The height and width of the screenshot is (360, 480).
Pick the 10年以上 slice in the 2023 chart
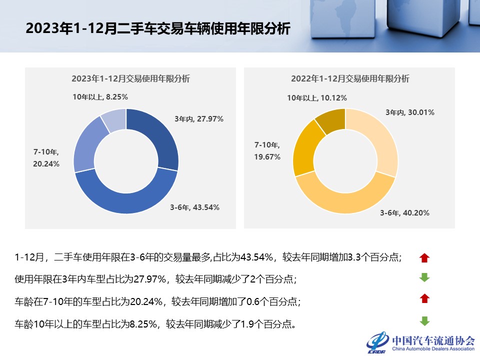(x=113, y=120)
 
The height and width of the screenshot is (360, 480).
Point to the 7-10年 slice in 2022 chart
(x=304, y=147)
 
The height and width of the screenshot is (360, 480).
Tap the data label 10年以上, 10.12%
(x=317, y=98)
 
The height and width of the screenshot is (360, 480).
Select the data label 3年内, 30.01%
(x=409, y=112)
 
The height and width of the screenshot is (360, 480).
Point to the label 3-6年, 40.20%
(x=404, y=213)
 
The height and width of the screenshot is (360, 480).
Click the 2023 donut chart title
(x=130, y=78)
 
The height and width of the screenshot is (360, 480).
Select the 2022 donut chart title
(x=350, y=78)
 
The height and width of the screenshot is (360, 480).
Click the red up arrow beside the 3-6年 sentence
(x=424, y=258)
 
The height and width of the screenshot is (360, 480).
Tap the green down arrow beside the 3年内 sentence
(x=424, y=278)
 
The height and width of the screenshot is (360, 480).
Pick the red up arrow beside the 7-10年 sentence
(x=424, y=299)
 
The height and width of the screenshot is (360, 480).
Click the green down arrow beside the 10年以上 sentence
(x=424, y=321)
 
